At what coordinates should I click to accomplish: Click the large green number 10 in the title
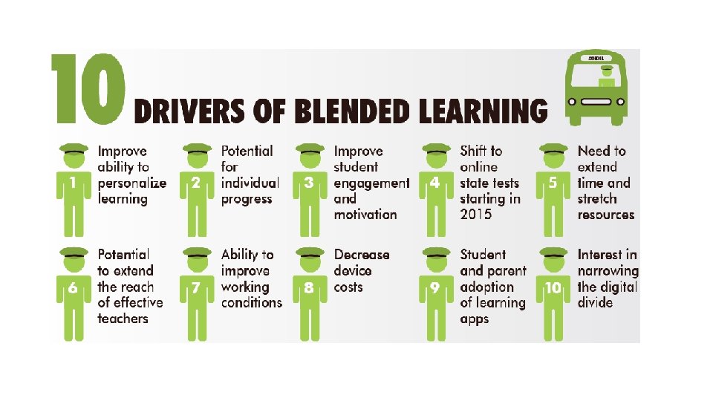(x=88, y=88)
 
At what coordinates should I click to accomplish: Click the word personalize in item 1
(x=132, y=183)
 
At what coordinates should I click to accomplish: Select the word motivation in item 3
(x=365, y=215)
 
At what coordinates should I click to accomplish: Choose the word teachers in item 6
(x=123, y=319)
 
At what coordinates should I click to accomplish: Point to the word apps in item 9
(x=475, y=319)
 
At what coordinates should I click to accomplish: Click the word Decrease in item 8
(x=361, y=255)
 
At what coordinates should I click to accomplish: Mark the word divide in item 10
(x=595, y=302)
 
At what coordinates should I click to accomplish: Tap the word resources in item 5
(x=606, y=215)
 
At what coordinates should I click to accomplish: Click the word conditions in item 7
(x=251, y=302)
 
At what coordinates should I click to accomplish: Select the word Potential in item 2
(x=247, y=151)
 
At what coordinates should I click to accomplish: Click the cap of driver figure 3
(x=309, y=149)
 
